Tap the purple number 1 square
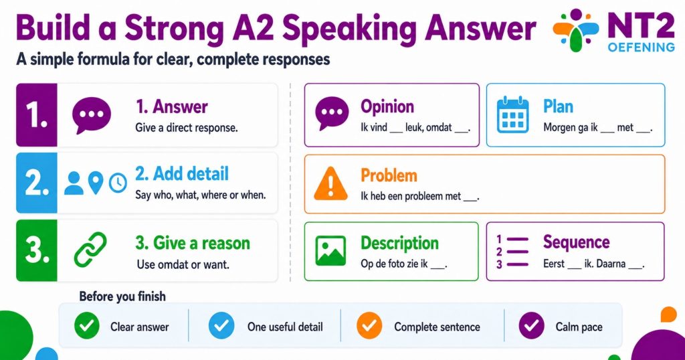(37, 115)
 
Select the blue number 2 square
(37, 183)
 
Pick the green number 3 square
(37, 250)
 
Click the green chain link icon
(90, 250)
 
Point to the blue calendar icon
(513, 115)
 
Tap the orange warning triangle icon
(330, 183)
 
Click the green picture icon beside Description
(330, 251)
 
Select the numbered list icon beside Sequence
(512, 251)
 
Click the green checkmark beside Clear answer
(86, 326)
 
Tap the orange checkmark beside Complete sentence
(369, 326)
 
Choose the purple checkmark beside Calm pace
(531, 326)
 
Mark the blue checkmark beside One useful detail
(221, 326)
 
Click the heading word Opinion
(387, 106)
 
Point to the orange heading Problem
(389, 175)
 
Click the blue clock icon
(118, 183)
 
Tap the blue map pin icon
(96, 183)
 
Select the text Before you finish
(122, 296)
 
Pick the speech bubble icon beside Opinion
(332, 113)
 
